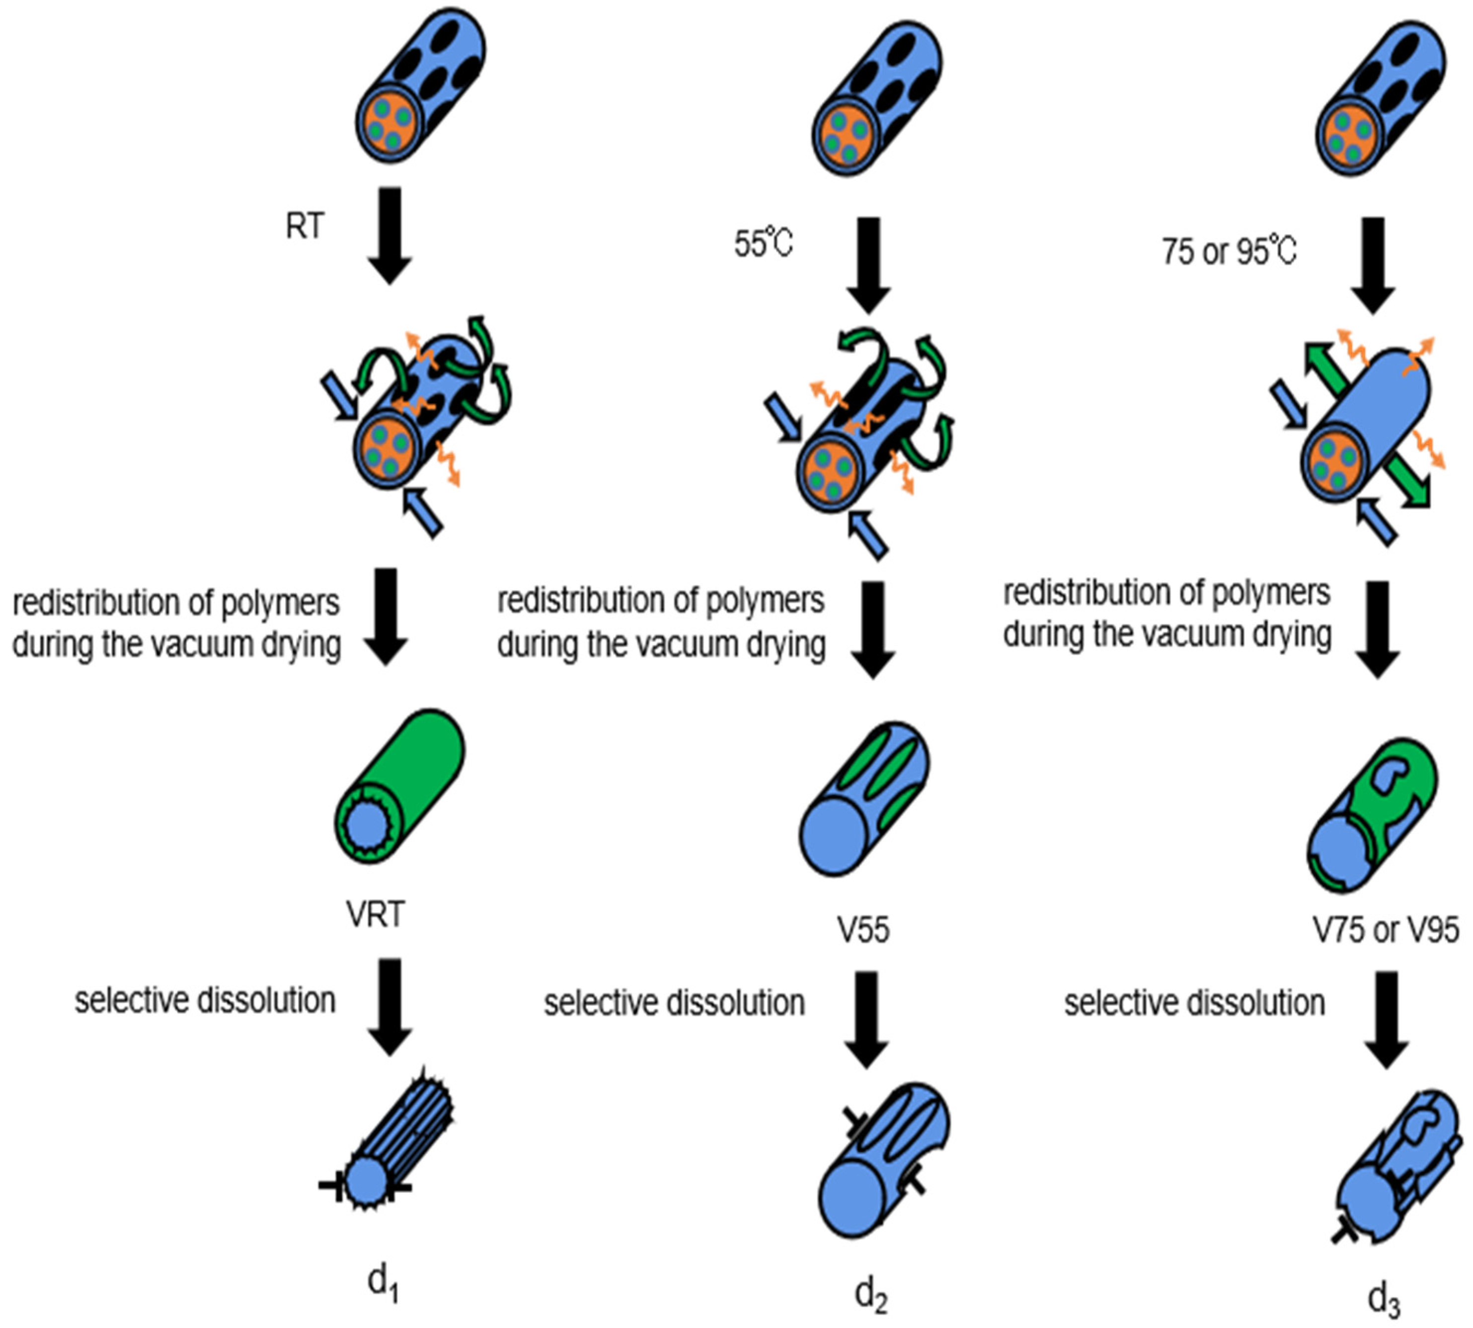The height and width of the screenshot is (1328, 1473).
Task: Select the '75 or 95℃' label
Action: [x=1229, y=252]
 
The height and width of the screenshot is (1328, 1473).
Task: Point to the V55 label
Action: [x=863, y=930]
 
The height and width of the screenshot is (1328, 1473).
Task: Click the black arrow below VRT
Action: [x=390, y=1007]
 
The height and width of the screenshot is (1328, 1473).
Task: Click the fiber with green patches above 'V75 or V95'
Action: [x=1372, y=817]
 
